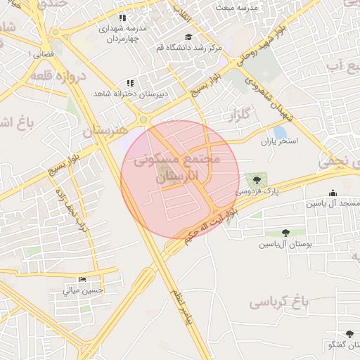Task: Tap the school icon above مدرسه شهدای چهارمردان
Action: [x=122, y=18]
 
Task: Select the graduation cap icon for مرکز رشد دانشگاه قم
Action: [x=188, y=37]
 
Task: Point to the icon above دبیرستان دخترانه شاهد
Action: [x=129, y=83]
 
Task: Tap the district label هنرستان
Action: [x=105, y=131]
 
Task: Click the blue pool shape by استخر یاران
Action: [x=281, y=131]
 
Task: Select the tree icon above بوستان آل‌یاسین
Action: [x=285, y=233]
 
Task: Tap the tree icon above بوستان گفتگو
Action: [x=349, y=334]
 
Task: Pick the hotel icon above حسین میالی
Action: [x=83, y=280]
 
